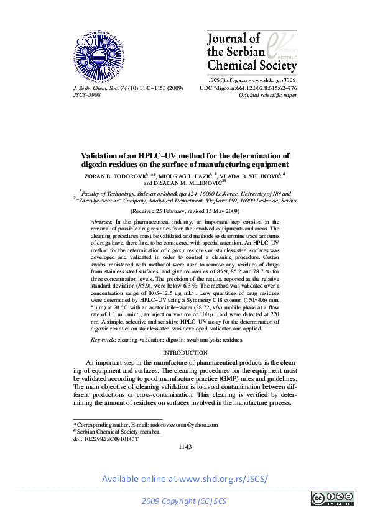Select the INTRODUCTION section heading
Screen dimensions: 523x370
pos(185,353)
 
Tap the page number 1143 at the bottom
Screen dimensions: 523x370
pos(185,447)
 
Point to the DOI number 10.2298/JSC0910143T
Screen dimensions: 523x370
pos(110,439)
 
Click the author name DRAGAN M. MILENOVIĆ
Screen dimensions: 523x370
pos(187,184)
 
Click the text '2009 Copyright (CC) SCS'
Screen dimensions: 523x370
pos(185,501)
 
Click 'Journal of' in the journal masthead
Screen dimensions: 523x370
pos(233,39)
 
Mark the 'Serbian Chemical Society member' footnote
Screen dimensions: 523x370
pos(119,432)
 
